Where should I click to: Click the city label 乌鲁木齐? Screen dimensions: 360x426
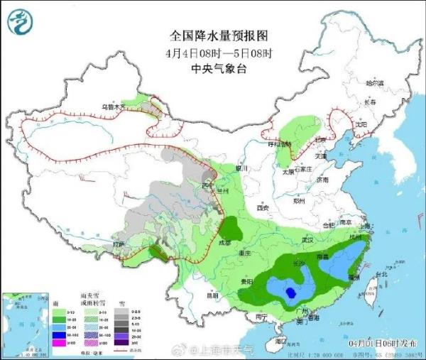pyautogui.click(x=113, y=107)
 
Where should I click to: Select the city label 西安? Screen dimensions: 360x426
pyautogui.click(x=263, y=208)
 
